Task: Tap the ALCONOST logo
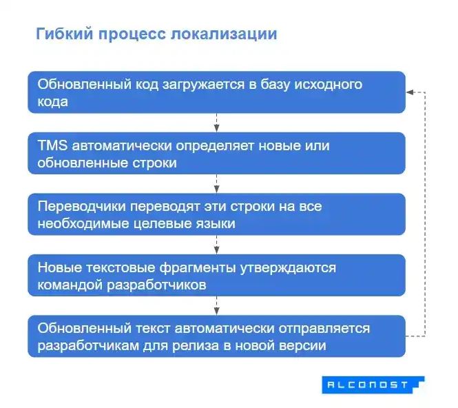tap(373, 385)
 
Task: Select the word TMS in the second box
tap(52, 146)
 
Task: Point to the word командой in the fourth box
tap(67, 284)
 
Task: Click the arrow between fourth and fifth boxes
tap(217, 305)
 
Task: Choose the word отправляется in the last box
tap(327, 328)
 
